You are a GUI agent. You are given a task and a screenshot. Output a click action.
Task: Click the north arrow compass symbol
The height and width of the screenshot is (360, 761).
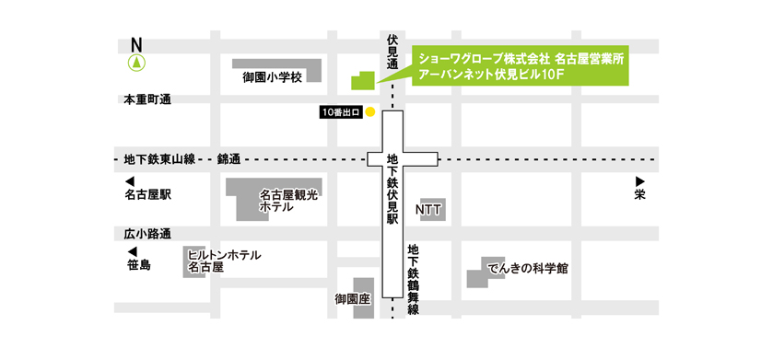point(136,63)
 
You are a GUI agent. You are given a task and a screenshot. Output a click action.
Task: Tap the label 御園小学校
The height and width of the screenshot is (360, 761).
point(273,77)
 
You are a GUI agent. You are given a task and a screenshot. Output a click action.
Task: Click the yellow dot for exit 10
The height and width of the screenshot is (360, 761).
point(370,112)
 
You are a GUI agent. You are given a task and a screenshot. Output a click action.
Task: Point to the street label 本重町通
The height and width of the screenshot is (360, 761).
point(147,99)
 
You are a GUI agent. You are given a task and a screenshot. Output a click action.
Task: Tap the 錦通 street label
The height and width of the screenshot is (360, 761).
point(228,159)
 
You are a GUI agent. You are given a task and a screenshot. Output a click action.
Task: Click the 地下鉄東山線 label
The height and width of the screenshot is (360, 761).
point(159,159)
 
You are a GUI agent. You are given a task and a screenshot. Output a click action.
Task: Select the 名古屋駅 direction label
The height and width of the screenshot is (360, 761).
point(148,195)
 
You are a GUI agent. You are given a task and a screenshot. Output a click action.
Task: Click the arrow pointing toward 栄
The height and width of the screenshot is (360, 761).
point(639,181)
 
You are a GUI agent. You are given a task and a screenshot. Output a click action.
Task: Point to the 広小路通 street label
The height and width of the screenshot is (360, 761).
point(147,233)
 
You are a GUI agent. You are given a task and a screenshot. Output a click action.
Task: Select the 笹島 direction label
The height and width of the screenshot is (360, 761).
point(139,265)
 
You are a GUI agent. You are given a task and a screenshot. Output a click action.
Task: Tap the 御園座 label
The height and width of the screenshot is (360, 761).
point(352,299)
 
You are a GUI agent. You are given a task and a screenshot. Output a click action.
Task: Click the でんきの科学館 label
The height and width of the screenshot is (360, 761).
point(528,269)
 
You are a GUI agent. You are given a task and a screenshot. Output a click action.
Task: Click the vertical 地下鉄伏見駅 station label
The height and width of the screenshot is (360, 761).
point(392,190)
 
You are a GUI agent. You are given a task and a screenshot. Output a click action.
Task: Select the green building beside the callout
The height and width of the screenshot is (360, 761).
point(364,80)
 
